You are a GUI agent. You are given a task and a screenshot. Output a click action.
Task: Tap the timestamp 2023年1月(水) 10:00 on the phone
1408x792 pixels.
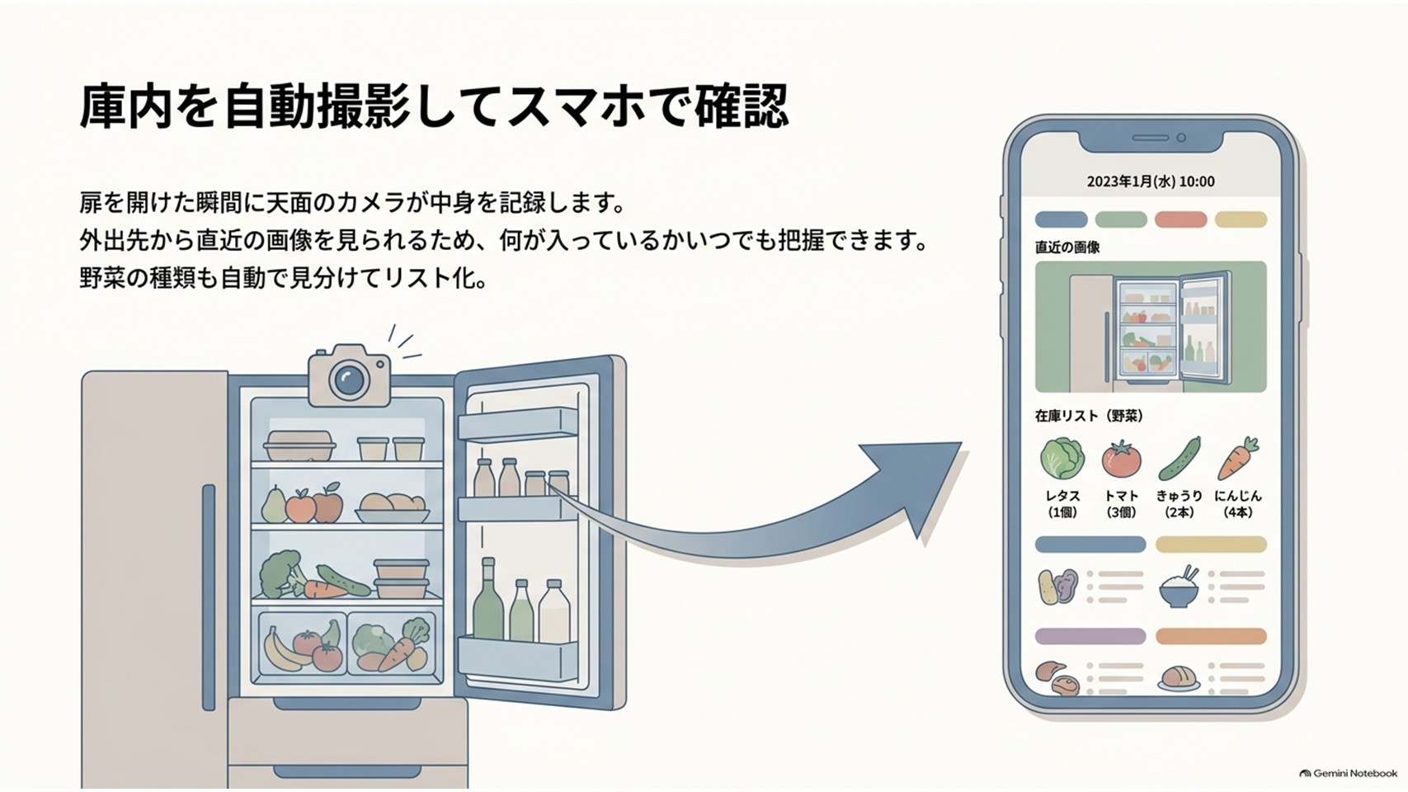click(1151, 181)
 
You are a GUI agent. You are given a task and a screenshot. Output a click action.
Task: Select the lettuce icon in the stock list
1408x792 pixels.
click(1062, 458)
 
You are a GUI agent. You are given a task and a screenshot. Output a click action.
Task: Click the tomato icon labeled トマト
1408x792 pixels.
click(1121, 458)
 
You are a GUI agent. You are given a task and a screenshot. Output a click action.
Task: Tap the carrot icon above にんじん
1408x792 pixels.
click(1238, 459)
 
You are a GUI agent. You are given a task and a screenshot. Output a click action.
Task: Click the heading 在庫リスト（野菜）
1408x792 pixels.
click(1089, 416)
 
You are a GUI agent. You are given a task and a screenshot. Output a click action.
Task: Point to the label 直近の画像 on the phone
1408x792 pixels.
click(1067, 247)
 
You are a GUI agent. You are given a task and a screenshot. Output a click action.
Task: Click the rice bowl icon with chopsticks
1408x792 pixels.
click(1180, 587)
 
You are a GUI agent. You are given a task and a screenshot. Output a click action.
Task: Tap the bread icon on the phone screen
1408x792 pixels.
click(1178, 677)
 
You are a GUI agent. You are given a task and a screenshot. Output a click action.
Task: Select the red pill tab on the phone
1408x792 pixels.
click(1180, 219)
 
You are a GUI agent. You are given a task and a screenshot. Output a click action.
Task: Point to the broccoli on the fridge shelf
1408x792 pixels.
click(279, 574)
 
